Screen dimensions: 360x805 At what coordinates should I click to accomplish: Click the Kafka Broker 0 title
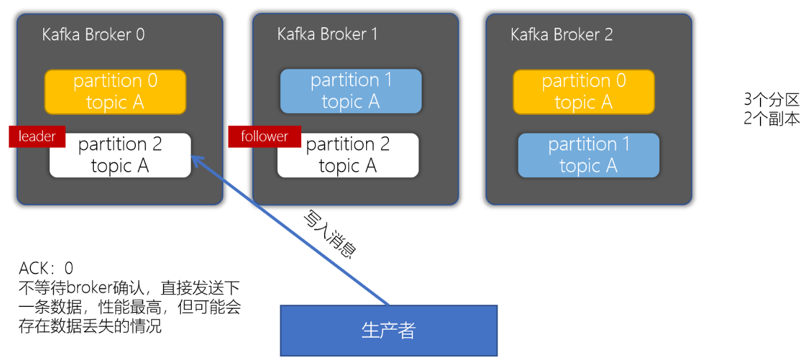(x=93, y=35)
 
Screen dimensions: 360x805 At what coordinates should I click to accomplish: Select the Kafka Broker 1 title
(x=327, y=34)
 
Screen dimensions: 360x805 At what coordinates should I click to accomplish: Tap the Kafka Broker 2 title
(x=562, y=35)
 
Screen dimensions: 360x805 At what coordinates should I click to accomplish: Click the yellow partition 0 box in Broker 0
(x=115, y=91)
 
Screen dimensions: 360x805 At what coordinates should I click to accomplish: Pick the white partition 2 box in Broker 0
(x=120, y=155)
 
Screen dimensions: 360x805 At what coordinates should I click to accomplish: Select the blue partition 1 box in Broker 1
(x=351, y=91)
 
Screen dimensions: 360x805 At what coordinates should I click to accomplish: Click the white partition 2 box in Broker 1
(x=348, y=155)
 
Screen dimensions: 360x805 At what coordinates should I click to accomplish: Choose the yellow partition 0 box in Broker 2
(x=583, y=91)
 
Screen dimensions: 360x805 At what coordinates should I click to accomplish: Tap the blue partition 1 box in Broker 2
(x=588, y=155)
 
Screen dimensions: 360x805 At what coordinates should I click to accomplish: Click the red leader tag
(x=37, y=136)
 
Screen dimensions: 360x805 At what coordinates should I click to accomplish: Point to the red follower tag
(x=264, y=136)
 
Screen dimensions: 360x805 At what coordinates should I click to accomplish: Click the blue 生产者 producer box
(x=388, y=330)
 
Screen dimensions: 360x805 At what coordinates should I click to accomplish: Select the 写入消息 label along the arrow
(x=330, y=235)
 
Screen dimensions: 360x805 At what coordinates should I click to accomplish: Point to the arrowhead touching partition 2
(x=196, y=160)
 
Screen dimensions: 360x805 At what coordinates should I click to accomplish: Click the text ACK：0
(x=46, y=268)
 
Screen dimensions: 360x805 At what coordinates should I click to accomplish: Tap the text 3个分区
(x=771, y=100)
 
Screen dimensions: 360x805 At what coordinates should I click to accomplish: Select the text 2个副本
(x=771, y=119)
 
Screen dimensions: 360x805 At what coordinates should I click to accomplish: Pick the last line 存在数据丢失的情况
(x=90, y=326)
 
